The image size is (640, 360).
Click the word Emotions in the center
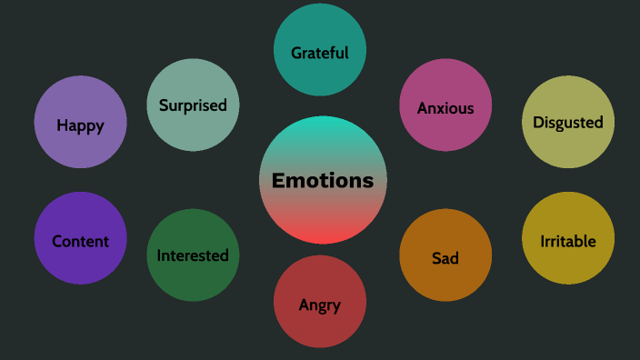[x=323, y=180]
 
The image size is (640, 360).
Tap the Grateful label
[x=320, y=53]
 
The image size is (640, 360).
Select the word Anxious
[x=445, y=108]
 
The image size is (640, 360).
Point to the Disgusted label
[x=568, y=122]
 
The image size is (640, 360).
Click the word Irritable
[x=568, y=241]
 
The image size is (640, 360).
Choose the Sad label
[x=445, y=258]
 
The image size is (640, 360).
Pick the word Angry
[x=320, y=305]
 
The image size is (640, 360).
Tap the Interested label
[x=193, y=255]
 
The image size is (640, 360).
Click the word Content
[x=80, y=241]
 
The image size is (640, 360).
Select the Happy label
[x=80, y=125]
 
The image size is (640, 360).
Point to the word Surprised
[x=193, y=105]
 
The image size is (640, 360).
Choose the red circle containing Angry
[x=320, y=327]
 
